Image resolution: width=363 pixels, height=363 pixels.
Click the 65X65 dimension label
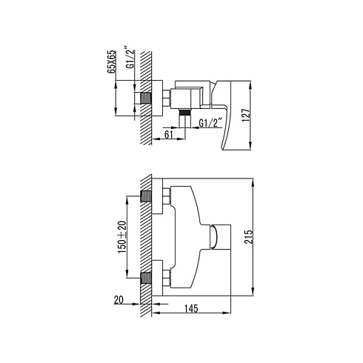[111, 61]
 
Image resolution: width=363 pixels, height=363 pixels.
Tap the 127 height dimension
[246, 115]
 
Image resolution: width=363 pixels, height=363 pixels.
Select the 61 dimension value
[168, 135]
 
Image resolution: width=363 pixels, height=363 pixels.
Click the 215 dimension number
[249, 237]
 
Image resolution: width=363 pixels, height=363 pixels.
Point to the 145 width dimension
[191, 308]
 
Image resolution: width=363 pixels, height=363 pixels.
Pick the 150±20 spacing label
[122, 237]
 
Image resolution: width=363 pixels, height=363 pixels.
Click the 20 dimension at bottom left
[119, 300]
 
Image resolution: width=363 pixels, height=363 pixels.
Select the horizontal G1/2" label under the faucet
[209, 123]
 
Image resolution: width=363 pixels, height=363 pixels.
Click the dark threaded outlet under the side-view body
[185, 112]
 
